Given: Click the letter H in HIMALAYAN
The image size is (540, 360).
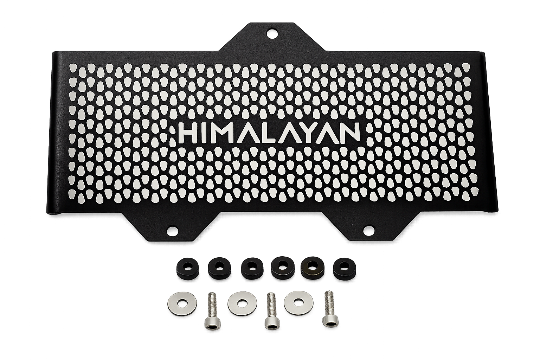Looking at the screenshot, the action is click(188, 133).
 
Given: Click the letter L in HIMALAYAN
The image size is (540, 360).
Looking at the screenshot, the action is click(261, 133).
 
